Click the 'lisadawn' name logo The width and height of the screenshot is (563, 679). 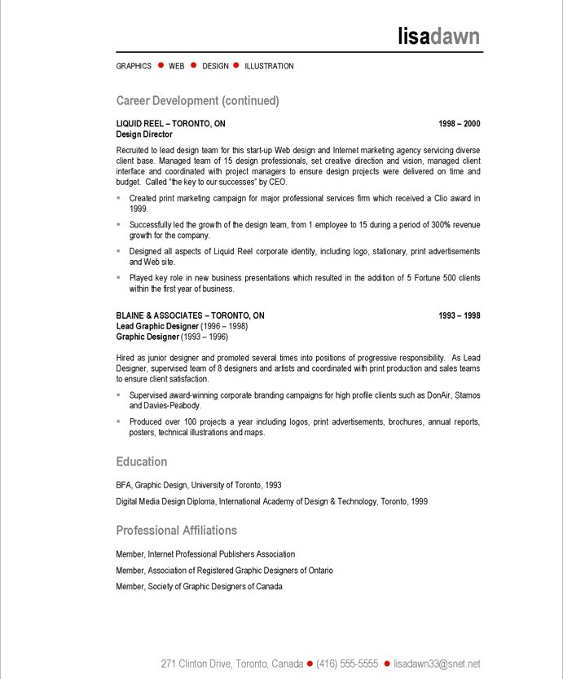(x=438, y=36)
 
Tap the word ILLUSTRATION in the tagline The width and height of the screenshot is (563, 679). (x=269, y=66)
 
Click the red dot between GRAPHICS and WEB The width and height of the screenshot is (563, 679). (x=161, y=65)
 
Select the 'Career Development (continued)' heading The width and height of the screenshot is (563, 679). (x=197, y=101)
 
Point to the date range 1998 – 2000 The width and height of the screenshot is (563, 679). (x=459, y=124)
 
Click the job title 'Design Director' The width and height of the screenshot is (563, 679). (x=144, y=134)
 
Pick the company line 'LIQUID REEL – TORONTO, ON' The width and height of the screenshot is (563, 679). (x=170, y=124)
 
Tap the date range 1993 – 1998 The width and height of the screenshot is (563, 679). (x=459, y=315)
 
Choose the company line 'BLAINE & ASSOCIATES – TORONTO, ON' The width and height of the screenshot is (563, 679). (x=190, y=315)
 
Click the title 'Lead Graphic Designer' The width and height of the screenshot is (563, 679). (x=157, y=326)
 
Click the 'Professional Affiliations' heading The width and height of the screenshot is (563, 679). (x=176, y=531)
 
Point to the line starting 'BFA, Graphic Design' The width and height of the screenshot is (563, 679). (x=199, y=485)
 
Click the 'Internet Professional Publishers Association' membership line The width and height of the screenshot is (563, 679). (x=205, y=554)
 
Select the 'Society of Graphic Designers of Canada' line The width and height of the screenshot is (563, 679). (x=199, y=587)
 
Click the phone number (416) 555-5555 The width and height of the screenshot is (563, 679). (x=347, y=664)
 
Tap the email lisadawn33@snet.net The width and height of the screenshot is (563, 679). (x=437, y=664)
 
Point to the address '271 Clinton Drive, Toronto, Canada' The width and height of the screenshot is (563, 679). (x=231, y=664)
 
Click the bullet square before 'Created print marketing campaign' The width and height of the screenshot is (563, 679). (x=119, y=197)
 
